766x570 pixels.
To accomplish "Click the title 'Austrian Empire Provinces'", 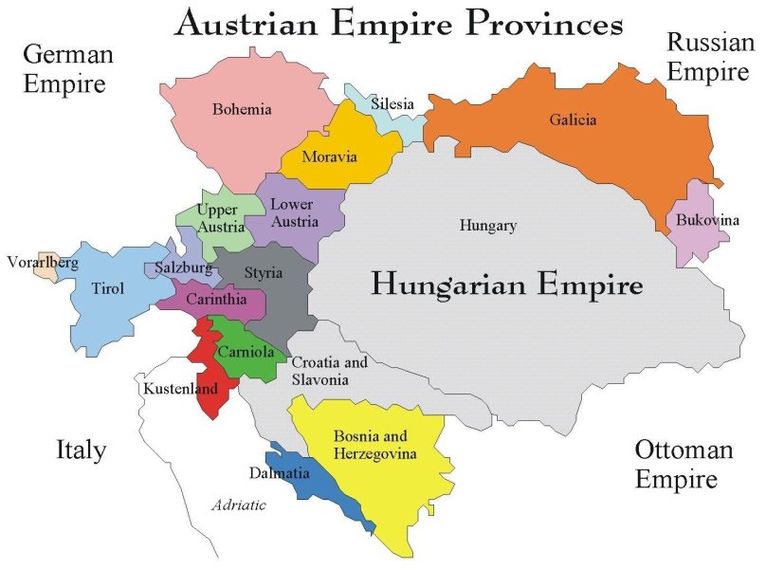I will (x=398, y=23).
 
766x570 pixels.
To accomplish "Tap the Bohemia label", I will (x=242, y=109).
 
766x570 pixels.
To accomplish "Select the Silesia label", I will (x=392, y=103).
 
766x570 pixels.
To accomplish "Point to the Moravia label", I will (x=329, y=156).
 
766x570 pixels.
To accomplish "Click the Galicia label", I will (x=573, y=120).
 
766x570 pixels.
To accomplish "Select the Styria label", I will (x=263, y=273).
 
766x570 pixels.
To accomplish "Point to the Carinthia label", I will (x=211, y=300).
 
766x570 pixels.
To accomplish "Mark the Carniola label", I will (x=246, y=352).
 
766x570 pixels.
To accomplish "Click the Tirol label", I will (x=107, y=289).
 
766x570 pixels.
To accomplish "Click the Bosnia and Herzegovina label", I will (x=370, y=446).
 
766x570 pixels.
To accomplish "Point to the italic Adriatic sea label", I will (x=238, y=506).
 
